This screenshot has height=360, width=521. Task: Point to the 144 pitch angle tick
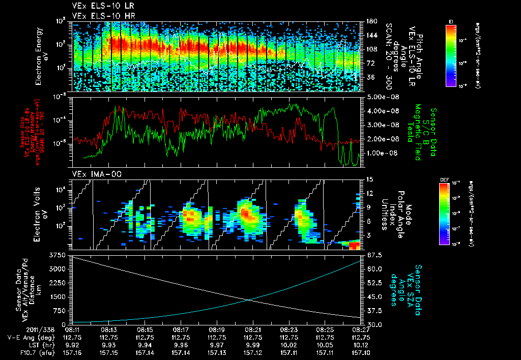point(370,35)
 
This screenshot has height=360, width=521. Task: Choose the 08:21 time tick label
point(253,329)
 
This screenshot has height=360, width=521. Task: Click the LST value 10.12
point(361,344)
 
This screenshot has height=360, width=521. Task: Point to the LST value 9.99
point(253,344)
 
